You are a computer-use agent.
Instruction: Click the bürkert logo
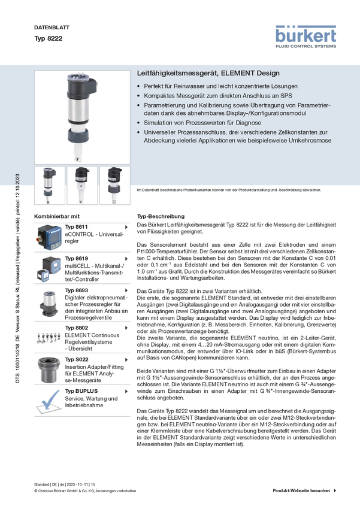[x=305, y=37]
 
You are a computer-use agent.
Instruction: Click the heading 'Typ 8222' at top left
[x=49, y=38]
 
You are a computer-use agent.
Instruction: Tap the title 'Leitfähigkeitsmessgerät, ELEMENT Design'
[x=208, y=73]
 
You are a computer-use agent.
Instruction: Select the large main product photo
[x=82, y=117]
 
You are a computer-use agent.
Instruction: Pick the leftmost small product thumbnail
[x=50, y=186]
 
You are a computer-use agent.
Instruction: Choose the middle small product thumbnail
[x=82, y=186]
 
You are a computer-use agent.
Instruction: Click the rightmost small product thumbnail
[x=115, y=186]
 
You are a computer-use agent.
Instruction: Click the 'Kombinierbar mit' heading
[x=57, y=217]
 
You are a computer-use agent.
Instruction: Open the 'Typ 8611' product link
[x=76, y=227]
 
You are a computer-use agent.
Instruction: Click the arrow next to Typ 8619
[x=126, y=259]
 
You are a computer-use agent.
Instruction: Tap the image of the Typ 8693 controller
[x=49, y=304]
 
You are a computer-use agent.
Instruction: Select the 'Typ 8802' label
[x=76, y=328]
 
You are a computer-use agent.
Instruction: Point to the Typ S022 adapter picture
[x=49, y=369]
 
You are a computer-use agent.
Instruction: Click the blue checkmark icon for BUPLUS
[x=49, y=401]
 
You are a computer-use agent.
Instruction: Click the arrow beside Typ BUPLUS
[x=126, y=392]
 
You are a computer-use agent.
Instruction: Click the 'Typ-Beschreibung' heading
[x=161, y=217]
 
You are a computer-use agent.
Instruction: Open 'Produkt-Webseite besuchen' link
[x=301, y=490]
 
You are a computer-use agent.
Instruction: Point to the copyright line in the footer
[x=85, y=491]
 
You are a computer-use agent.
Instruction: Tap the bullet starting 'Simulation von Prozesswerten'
[x=202, y=123]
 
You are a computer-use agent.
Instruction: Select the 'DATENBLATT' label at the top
[x=52, y=28]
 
